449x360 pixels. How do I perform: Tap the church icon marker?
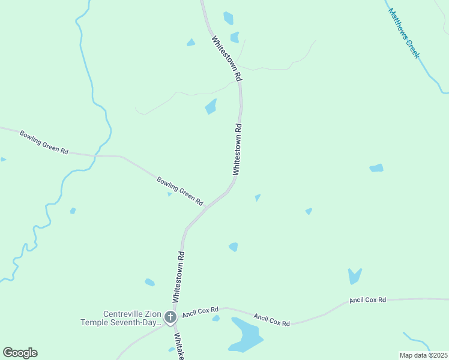pyautogui.click(x=170, y=317)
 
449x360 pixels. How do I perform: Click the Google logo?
pyautogui.click(x=20, y=353)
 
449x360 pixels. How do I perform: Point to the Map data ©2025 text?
pyautogui.click(x=423, y=355)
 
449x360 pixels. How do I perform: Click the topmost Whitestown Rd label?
pyautogui.click(x=226, y=59)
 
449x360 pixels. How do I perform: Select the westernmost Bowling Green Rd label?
pyautogui.click(x=44, y=142)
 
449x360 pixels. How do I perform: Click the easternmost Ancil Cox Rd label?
pyautogui.click(x=367, y=299)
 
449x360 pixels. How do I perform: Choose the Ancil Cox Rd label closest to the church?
pyautogui.click(x=200, y=312)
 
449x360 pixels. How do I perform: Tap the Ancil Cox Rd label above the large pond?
pyautogui.click(x=271, y=320)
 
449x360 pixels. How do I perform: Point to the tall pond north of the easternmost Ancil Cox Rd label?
pyautogui.click(x=355, y=275)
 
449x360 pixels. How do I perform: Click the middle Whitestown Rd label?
pyautogui.click(x=237, y=149)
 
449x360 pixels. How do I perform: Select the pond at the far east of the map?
pyautogui.click(x=376, y=168)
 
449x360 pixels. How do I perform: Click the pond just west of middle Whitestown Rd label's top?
pyautogui.click(x=211, y=107)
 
